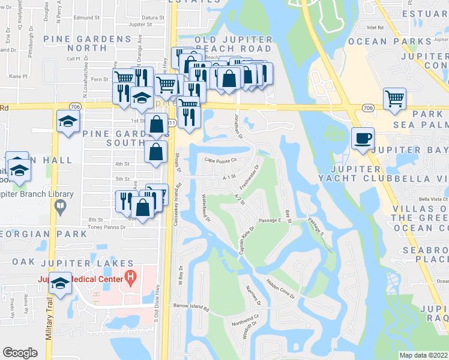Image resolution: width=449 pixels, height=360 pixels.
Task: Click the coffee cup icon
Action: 362,137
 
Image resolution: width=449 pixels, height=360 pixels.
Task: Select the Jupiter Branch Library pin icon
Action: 59,207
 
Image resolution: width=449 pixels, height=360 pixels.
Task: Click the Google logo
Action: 20,353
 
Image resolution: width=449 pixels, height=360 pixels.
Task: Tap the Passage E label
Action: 270,220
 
